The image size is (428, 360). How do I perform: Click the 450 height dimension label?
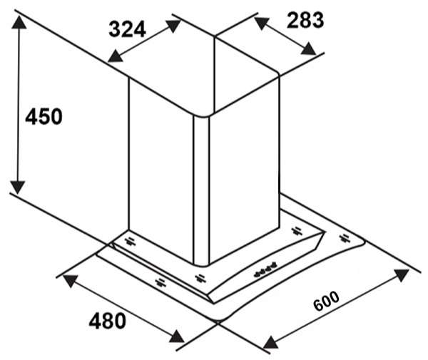pos(44,117)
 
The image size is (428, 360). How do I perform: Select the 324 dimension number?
pos(127,29)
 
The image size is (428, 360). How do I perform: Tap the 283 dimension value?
pos(305,20)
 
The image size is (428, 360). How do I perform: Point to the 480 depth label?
pos(108,321)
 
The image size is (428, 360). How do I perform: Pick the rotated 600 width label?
pos(327,301)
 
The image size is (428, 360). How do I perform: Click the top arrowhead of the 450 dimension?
pos(19,22)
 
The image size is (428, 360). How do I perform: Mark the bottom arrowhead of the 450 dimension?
pos(19,187)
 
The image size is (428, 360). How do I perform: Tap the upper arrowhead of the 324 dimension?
pos(173,26)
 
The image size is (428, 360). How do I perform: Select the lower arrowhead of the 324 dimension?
pos(116,56)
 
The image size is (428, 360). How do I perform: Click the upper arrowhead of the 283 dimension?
pos(262,22)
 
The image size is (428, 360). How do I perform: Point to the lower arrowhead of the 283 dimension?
pos(308,48)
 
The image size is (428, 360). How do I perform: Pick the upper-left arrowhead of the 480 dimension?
pos(71,281)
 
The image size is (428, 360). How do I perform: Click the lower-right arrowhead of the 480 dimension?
pos(177,336)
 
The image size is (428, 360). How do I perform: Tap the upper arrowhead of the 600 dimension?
pos(402,274)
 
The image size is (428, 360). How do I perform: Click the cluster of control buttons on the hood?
pos(265,270)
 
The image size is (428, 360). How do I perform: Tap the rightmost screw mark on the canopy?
pos(345,238)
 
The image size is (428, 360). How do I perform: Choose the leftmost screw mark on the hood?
pos(131,242)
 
